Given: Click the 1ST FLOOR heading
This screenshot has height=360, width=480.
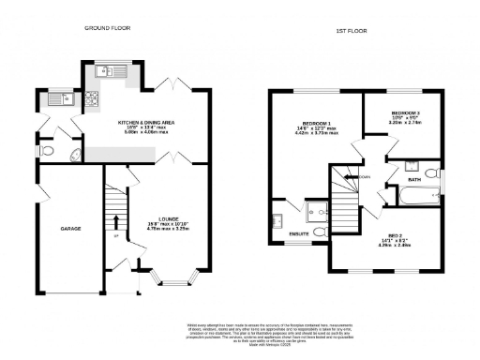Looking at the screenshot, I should [350, 32].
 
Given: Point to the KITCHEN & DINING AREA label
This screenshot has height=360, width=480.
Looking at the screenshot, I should [147, 123].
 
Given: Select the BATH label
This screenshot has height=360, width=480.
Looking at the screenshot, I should [413, 178].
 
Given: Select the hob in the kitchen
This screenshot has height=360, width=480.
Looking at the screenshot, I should [92, 98].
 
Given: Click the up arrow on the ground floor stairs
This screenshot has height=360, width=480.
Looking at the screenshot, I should [115, 222].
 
